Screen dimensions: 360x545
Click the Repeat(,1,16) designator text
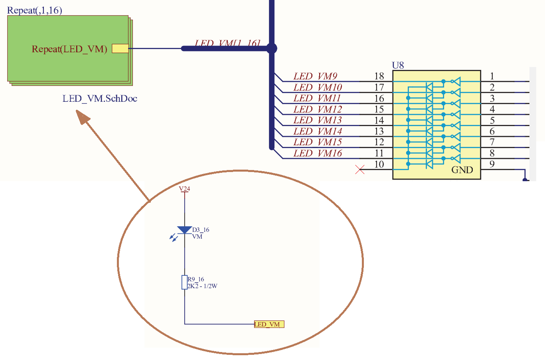[35, 10]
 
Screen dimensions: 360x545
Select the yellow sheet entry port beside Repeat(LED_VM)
[120, 48]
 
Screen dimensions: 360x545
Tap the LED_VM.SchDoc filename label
[100, 99]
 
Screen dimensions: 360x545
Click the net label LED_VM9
[315, 76]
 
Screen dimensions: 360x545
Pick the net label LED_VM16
[318, 153]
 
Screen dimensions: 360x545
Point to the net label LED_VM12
[318, 109]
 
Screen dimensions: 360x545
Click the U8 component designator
[398, 65]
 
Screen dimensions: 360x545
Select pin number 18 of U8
[379, 76]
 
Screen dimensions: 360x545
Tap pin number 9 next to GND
[492, 164]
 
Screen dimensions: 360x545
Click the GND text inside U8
[462, 170]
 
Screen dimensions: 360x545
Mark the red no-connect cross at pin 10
[359, 170]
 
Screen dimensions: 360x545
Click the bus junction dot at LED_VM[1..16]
[272, 49]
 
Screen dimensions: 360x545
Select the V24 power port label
[184, 189]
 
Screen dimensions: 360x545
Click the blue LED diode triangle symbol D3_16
[184, 230]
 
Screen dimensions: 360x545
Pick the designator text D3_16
[201, 230]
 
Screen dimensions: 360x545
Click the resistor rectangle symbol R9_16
[184, 282]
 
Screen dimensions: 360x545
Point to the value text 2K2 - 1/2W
[203, 286]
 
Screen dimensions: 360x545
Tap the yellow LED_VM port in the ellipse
[269, 324]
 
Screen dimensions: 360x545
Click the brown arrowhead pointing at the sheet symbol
[83, 118]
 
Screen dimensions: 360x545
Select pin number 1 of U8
[492, 76]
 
